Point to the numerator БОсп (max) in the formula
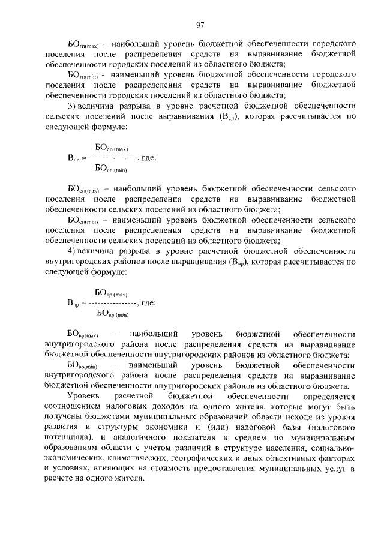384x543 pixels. click(x=112, y=147)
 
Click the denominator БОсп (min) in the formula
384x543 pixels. click(x=112, y=169)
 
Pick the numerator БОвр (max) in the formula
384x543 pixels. click(x=112, y=292)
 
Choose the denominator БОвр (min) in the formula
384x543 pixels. click(x=112, y=313)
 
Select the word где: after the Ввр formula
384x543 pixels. click(x=148, y=302)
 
